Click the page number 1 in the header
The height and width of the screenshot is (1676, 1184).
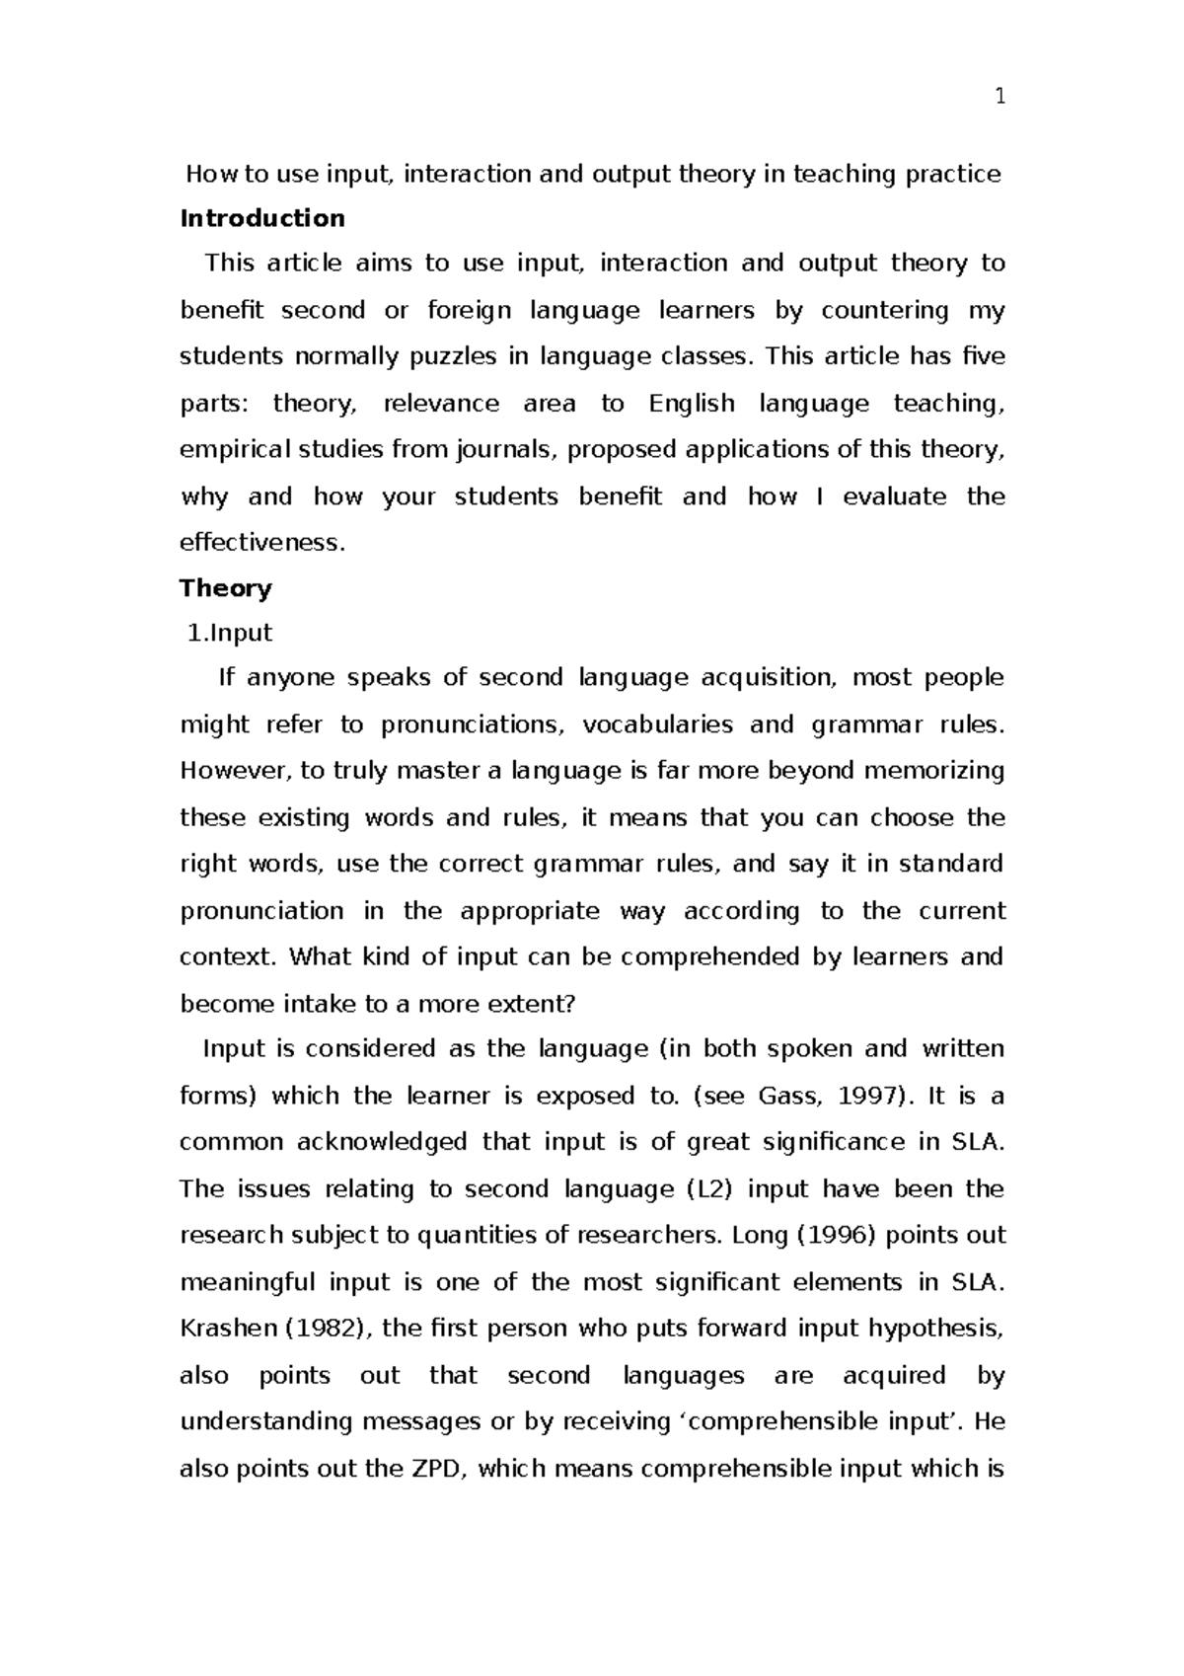(999, 96)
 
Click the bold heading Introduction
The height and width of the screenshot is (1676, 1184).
(261, 218)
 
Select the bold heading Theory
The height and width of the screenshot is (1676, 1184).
(225, 588)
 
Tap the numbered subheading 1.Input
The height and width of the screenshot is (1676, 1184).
(230, 633)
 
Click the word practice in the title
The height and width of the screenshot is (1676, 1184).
(952, 175)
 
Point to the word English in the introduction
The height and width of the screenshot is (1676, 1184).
(692, 404)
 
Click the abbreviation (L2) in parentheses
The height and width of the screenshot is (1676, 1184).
(709, 1189)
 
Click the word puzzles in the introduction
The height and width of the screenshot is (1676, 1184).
(455, 357)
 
